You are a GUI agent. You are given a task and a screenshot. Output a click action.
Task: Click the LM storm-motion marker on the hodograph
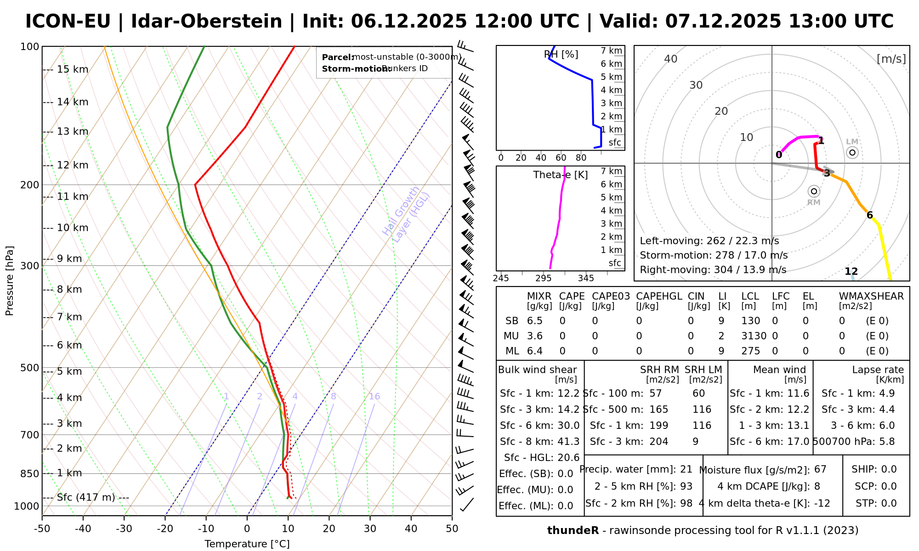coord(852,152)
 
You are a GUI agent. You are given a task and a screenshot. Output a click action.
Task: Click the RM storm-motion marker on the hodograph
coord(814,191)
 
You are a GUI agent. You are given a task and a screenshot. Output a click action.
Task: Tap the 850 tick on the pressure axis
coord(30,473)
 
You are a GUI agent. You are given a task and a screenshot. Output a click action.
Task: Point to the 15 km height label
coord(73,69)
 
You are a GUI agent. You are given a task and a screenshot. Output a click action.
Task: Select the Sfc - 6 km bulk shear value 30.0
coord(568,426)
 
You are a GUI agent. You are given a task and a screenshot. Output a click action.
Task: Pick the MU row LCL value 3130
coord(754,336)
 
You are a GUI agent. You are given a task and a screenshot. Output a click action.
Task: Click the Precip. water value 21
coord(686,469)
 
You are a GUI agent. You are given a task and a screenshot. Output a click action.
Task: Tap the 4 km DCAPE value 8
coord(817,486)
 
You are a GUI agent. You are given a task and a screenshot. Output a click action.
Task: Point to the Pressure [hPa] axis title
coord(10,281)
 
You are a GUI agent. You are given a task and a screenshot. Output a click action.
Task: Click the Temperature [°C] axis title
coord(247,544)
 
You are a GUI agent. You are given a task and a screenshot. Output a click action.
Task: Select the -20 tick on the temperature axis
coord(165,529)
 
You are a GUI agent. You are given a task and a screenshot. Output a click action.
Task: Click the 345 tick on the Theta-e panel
coord(586,278)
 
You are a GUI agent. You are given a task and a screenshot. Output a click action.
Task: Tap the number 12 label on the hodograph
coord(851,271)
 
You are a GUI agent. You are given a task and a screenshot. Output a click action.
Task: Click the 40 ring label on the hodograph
coord(671,59)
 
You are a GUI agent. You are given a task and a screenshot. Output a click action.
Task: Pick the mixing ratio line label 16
coord(374,396)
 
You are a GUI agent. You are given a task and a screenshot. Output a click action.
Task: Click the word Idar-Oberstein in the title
coord(206,22)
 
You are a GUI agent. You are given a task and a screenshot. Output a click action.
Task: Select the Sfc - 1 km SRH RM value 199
coord(659,426)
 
